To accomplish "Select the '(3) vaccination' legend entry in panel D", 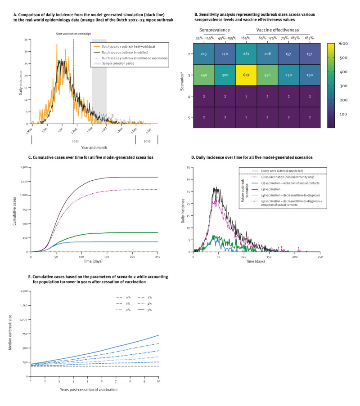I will coord(273,185).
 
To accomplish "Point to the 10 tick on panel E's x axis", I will coord(158,381).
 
